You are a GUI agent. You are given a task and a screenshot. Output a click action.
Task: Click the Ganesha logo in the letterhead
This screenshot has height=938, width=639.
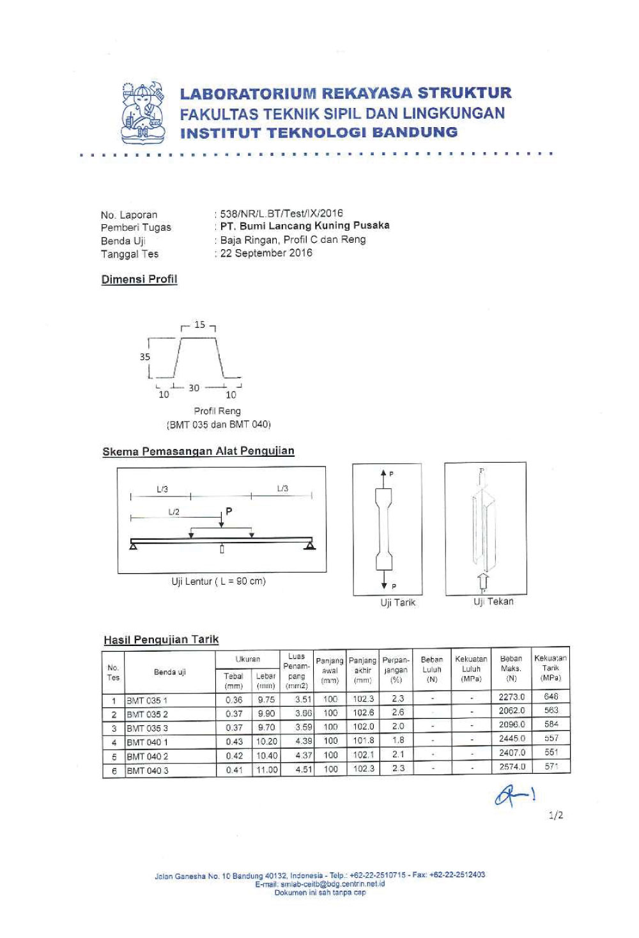143,113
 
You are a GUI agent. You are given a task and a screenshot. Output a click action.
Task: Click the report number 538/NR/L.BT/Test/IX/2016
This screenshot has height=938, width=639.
281,213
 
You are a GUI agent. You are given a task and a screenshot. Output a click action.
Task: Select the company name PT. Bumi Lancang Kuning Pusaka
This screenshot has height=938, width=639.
304,226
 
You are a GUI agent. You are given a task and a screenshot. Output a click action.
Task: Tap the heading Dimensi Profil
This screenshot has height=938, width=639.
139,279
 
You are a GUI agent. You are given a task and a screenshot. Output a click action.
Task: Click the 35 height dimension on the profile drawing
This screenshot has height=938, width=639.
145,357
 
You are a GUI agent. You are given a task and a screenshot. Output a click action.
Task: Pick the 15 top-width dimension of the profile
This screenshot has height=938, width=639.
200,325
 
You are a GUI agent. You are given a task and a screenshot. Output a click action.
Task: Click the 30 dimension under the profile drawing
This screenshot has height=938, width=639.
194,388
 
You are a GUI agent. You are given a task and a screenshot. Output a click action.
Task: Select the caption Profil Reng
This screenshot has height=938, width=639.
217,411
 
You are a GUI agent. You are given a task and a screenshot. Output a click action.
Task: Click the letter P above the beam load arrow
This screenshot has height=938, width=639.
229,511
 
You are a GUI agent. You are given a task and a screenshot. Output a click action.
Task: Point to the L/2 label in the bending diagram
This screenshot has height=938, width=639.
174,512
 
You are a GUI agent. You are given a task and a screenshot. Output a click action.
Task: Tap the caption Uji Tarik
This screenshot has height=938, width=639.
397,603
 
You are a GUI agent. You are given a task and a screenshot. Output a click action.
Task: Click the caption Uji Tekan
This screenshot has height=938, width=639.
493,601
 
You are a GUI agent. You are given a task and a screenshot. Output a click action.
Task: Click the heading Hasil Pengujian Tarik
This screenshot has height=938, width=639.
161,640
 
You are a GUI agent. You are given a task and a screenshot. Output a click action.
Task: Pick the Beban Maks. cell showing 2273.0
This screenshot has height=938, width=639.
512,697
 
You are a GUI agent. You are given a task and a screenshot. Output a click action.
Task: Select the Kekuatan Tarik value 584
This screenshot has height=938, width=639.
551,724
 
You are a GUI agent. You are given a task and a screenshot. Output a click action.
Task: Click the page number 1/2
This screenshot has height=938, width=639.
556,816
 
